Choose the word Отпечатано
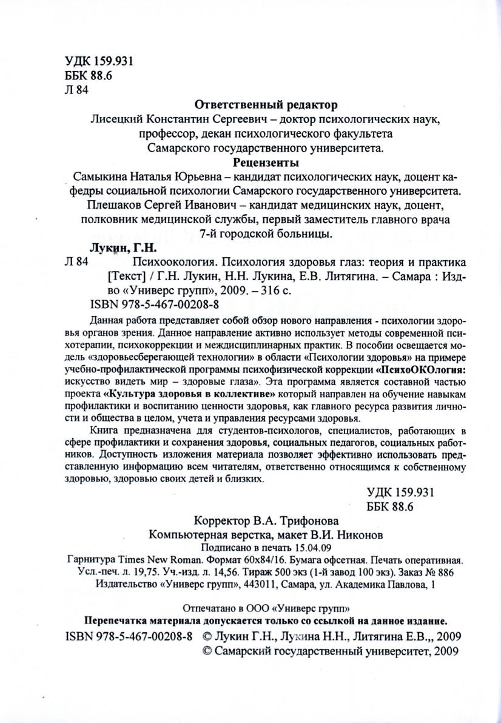coord(209,608)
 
